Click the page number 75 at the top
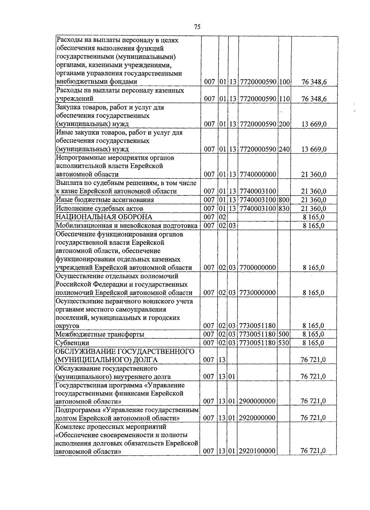[197, 27]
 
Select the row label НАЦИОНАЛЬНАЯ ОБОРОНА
[104, 217]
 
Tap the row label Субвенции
[72, 343]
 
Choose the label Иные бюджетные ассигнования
[105, 200]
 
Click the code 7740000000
[257, 174]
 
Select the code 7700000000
[257, 268]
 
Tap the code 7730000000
[257, 293]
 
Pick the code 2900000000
[257, 401]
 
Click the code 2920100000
[257, 451]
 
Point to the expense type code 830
[284, 208]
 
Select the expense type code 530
[284, 343]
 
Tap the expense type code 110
[284, 99]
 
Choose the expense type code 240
[284, 149]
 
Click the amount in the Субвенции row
[313, 343]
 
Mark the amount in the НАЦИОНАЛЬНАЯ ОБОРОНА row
[313, 217]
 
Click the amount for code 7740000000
[313, 174]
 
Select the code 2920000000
[257, 418]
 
